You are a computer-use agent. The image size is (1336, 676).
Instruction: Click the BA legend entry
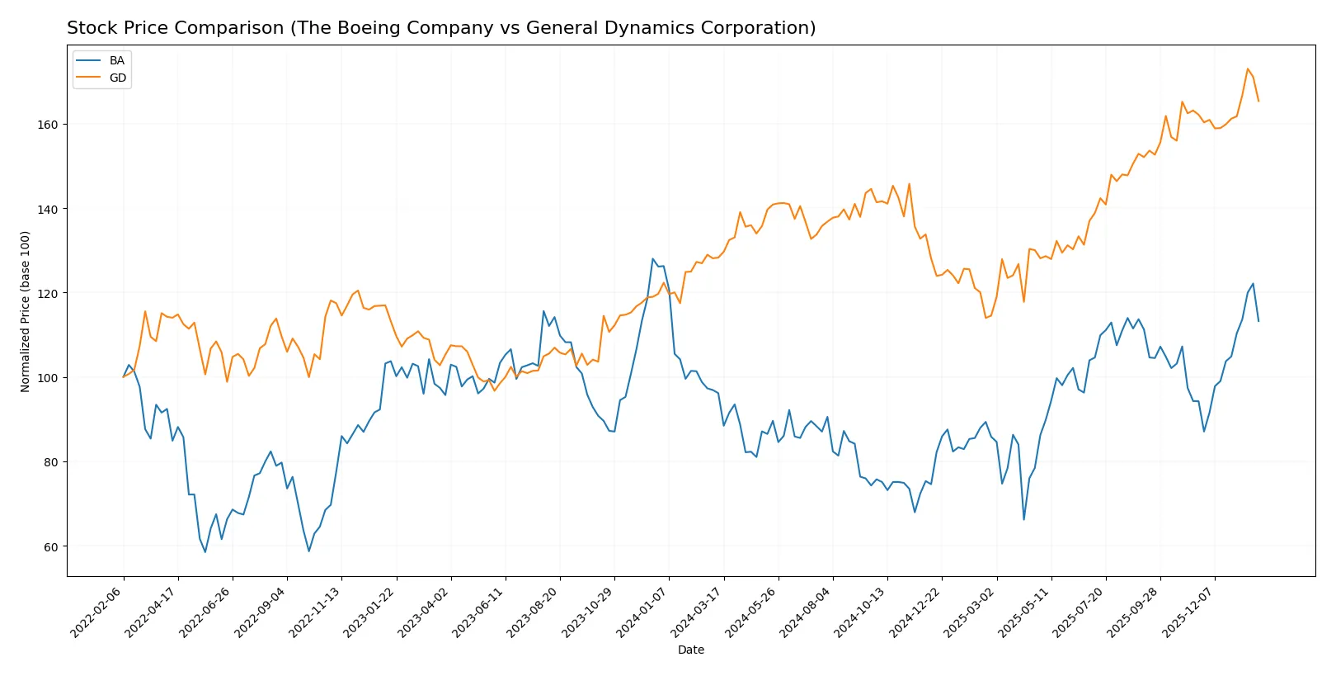click(x=116, y=61)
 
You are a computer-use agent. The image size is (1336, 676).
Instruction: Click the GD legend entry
click(x=117, y=78)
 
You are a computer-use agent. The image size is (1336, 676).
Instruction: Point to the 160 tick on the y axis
click(x=48, y=125)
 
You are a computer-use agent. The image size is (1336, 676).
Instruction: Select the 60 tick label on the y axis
click(x=50, y=547)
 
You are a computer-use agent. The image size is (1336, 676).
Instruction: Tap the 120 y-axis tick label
click(x=48, y=294)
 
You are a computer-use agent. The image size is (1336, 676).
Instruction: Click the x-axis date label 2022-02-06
click(x=97, y=613)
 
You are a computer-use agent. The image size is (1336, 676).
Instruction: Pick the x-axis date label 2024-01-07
click(x=642, y=613)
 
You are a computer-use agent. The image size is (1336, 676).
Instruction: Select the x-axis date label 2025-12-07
click(x=1188, y=613)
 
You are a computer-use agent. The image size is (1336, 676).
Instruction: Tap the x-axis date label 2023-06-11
click(x=479, y=613)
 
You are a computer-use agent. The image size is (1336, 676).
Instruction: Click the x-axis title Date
click(x=690, y=650)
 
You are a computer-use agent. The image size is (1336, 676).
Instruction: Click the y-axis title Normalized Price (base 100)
click(x=26, y=311)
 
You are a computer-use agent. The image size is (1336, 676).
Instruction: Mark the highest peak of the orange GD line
click(x=1248, y=69)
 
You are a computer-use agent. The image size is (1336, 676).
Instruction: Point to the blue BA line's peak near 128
click(x=653, y=258)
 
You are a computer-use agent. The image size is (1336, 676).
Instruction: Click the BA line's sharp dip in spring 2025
click(x=1023, y=519)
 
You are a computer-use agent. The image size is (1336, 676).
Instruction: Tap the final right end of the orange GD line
click(x=1258, y=101)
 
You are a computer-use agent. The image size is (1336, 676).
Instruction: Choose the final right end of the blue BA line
click(x=1258, y=321)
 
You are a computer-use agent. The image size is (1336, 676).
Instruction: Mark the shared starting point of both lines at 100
click(x=124, y=377)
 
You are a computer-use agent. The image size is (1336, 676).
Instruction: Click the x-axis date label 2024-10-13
click(x=861, y=613)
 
